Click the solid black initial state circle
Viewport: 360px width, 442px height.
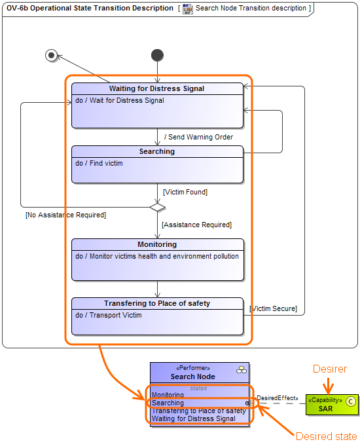pos(157,56)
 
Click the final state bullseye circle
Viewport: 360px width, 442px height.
pos(52,55)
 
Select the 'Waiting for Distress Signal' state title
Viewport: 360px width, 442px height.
pos(157,88)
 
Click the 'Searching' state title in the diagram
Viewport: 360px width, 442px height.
pos(157,151)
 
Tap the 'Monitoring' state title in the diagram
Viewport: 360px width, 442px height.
pos(157,244)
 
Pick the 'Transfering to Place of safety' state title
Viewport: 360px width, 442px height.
pos(157,303)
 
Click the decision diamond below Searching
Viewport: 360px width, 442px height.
pos(157,207)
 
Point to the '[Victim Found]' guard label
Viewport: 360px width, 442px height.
pos(185,192)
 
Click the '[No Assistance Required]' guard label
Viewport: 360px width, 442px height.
pos(65,215)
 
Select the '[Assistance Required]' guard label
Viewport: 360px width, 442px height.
pos(196,225)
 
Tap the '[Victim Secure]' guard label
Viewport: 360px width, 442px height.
pos(273,308)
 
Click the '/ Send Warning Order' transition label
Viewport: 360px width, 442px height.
pos(198,137)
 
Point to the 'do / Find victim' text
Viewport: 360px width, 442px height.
pos(99,163)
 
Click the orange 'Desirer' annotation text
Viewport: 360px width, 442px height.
pos(329,369)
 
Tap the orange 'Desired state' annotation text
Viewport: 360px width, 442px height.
pos(327,436)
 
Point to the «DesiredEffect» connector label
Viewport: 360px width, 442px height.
pos(277,397)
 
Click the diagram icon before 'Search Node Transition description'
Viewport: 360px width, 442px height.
pos(188,9)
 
